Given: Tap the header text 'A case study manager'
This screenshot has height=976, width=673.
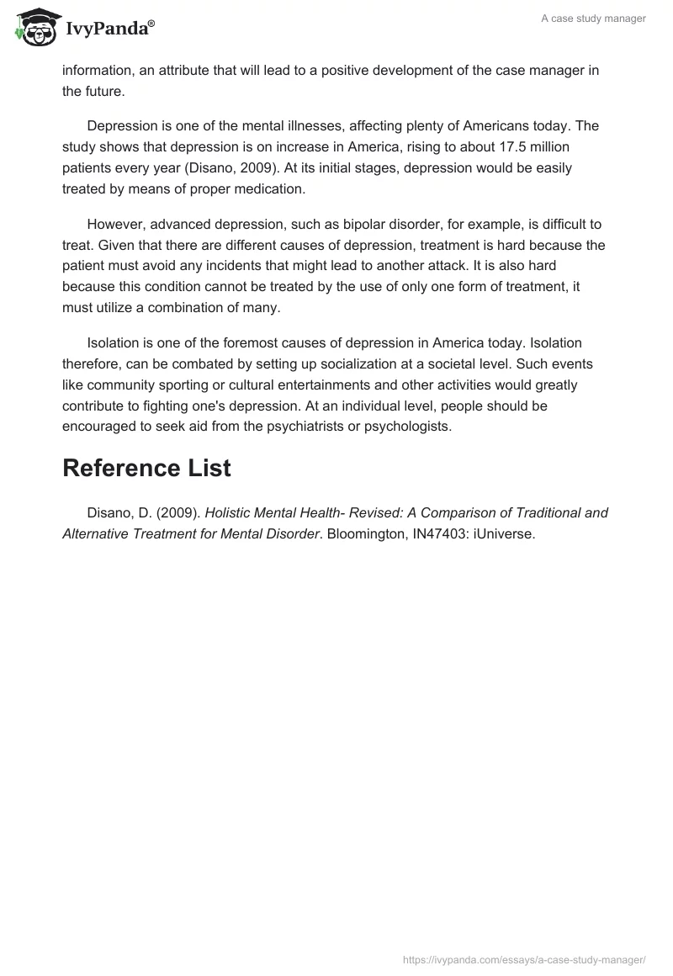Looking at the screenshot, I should [x=593, y=19].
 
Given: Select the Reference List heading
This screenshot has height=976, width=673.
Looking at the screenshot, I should [x=146, y=468].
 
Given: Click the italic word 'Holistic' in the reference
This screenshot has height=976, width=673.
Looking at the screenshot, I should [x=230, y=512].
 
